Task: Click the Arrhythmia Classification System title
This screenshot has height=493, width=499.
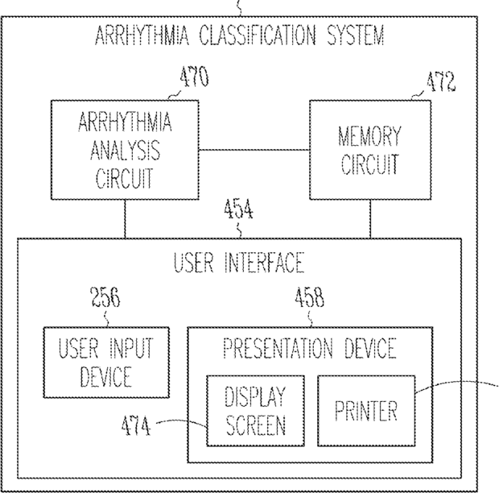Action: [x=239, y=36]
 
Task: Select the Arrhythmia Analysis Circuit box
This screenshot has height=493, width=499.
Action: [x=126, y=151]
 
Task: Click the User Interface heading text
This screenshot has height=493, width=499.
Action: [x=240, y=263]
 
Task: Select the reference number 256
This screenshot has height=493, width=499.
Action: [x=104, y=300]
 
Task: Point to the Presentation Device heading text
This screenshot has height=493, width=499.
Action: [x=310, y=349]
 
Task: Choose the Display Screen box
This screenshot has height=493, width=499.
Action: [x=255, y=410]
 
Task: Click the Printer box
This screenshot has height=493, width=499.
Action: [x=366, y=411]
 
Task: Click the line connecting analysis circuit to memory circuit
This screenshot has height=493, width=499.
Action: [x=255, y=151]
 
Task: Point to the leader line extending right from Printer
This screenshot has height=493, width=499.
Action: [x=459, y=387]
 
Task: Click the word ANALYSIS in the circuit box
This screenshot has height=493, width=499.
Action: [x=126, y=151]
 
